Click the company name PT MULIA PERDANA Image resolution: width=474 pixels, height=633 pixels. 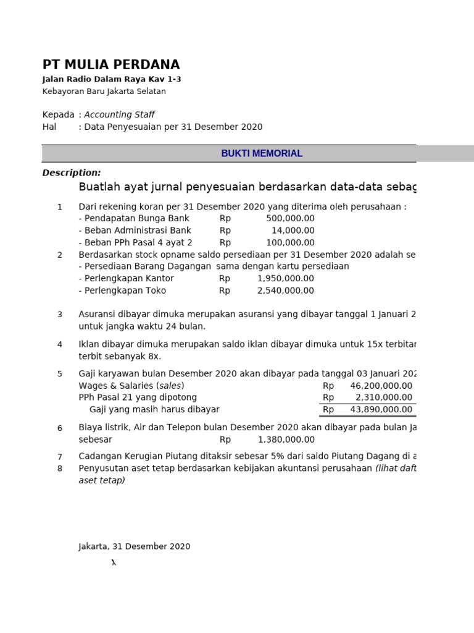tap(111, 65)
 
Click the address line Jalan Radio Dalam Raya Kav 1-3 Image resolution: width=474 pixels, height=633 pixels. tap(112, 79)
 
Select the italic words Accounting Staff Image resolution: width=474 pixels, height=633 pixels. tap(119, 114)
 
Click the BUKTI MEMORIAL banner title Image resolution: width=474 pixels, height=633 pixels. tap(262, 153)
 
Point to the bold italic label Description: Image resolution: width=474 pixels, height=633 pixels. tap(72, 172)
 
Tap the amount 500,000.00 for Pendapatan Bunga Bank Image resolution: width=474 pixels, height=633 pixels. tap(290, 218)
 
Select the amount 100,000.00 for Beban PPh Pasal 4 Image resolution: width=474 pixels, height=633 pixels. tap(290, 242)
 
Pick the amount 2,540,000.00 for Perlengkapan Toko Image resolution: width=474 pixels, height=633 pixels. tap(286, 291)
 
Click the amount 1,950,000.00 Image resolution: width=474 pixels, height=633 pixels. tap(286, 278)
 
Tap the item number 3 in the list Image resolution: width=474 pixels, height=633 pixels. tap(60, 315)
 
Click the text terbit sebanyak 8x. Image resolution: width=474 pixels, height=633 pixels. tap(120, 356)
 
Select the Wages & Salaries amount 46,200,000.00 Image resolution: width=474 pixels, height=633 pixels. tap(381, 386)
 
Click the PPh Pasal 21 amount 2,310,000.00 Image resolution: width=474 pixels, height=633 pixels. tap(384, 397)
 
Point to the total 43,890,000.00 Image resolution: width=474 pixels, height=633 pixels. tap(381, 409)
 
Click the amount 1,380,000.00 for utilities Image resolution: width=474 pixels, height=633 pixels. tap(286, 440)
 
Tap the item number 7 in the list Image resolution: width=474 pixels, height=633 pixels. tap(60, 457)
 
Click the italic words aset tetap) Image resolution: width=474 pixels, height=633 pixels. tap(102, 480)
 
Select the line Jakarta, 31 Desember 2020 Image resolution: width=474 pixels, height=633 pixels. tap(135, 546)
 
